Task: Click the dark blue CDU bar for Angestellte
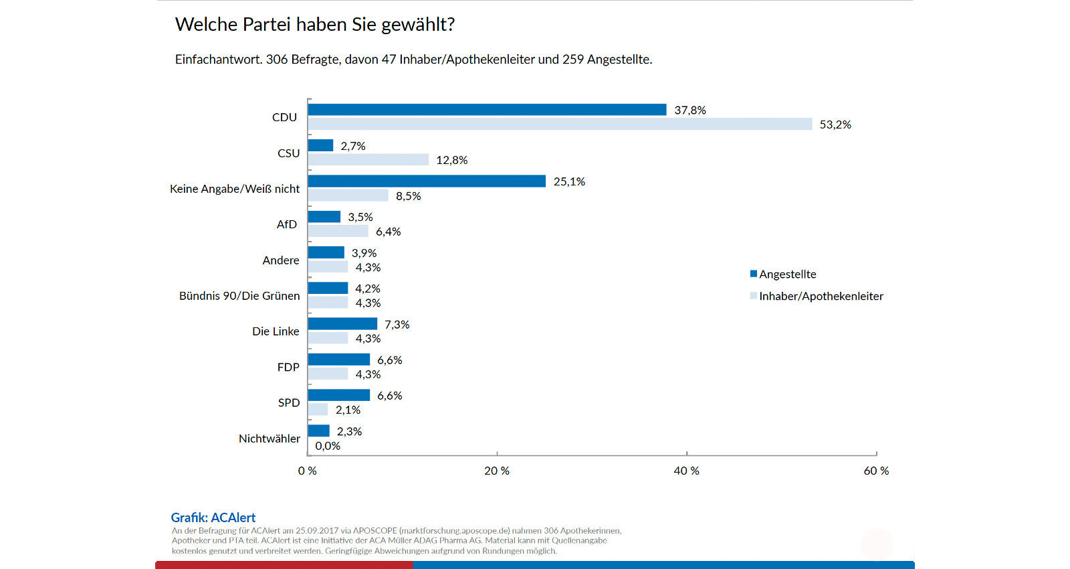487,110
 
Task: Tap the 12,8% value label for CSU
452,160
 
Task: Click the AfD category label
287,224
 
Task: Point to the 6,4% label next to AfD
389,232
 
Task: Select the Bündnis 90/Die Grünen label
239,296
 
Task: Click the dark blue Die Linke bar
342,324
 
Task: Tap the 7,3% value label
397,325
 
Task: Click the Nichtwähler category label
270,438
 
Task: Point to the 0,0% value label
328,446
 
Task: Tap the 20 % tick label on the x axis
497,471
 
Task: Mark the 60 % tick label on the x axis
876,471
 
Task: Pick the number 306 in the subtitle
277,60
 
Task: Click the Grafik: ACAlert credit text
213,517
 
